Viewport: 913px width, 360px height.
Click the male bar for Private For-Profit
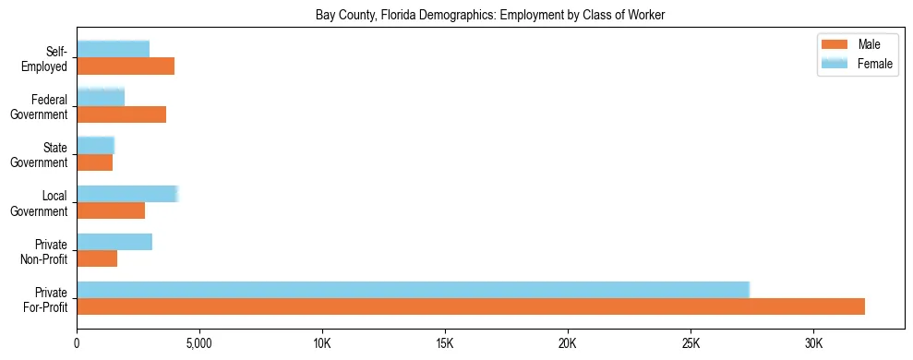[471, 306]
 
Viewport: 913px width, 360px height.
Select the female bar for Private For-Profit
[413, 289]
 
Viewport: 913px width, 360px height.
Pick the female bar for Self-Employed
[113, 49]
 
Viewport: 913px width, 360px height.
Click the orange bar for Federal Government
[121, 114]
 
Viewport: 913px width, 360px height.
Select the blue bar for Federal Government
[101, 97]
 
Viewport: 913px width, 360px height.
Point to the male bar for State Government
[94, 162]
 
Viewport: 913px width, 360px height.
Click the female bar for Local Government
[127, 194]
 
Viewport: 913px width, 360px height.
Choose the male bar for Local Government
[111, 210]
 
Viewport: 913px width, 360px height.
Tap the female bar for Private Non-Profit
[114, 242]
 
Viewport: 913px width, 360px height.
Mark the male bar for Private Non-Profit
[97, 258]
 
